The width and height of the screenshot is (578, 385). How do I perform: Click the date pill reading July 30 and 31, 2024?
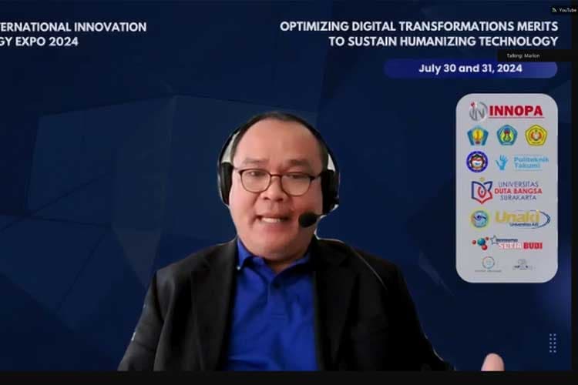coord(470,69)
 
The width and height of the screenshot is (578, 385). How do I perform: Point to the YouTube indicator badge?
coord(563,10)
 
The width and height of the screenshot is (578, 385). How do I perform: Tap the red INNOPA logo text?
coord(516,112)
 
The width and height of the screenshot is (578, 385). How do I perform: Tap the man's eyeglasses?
coord(277,181)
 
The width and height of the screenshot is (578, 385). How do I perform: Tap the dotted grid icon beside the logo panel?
coord(553,343)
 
